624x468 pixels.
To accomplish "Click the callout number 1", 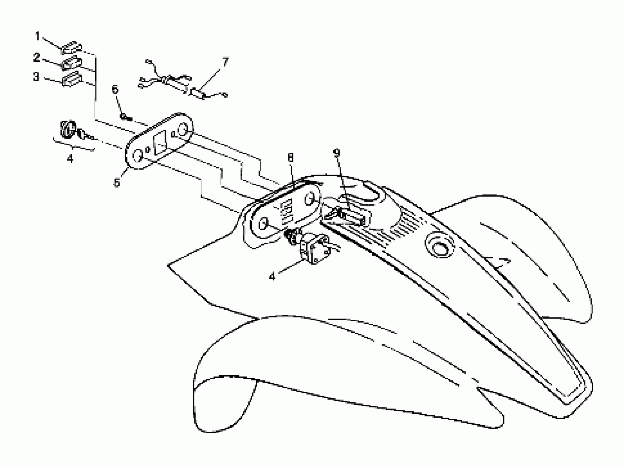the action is point(37,36).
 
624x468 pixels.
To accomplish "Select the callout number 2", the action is point(37,58).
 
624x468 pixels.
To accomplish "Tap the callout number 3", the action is point(36,77).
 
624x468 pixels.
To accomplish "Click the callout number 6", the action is point(115,90).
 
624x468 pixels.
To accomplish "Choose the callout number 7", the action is point(225,62).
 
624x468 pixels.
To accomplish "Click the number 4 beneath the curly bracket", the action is point(70,159).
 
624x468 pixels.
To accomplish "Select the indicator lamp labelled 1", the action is point(71,48).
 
